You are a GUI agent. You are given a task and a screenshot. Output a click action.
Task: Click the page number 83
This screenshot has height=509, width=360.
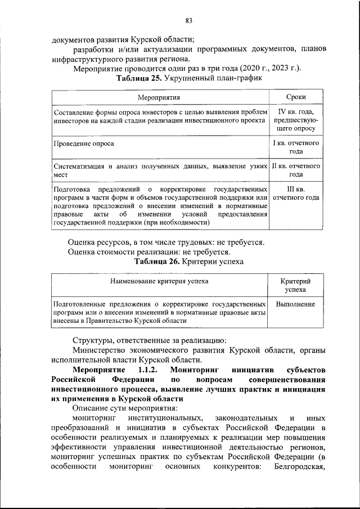[188, 21]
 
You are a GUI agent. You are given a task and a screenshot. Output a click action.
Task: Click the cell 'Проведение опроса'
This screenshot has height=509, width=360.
[84, 143]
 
